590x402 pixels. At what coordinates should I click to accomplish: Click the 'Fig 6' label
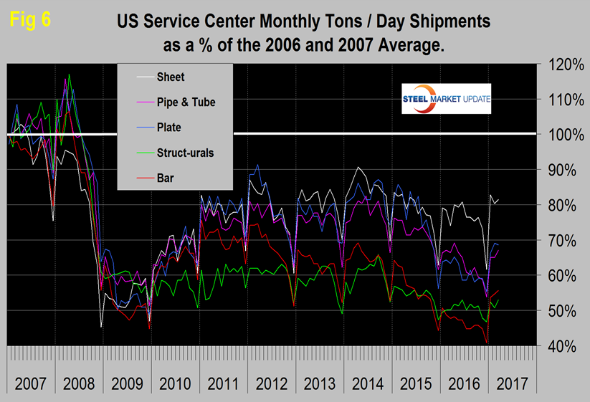point(30,20)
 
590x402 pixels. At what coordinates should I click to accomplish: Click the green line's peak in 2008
point(70,75)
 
